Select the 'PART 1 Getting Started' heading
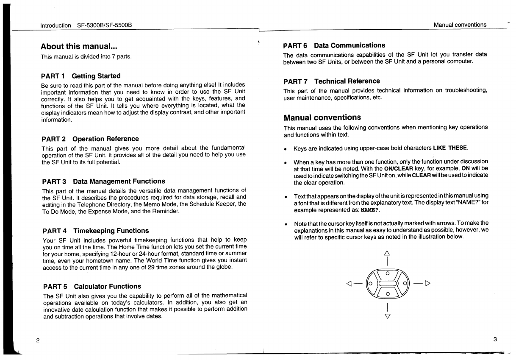pos(80,76)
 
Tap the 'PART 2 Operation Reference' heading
pos(90,139)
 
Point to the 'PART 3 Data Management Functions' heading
pos(103,181)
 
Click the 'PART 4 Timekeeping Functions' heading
pos(96,231)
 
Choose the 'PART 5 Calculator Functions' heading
pos(92,287)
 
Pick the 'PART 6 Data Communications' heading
pos(334,45)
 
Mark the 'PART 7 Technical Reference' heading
pos(332,81)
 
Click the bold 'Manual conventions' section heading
pos(322,117)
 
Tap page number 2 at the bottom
pos(38,340)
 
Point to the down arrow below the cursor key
pos(386,315)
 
